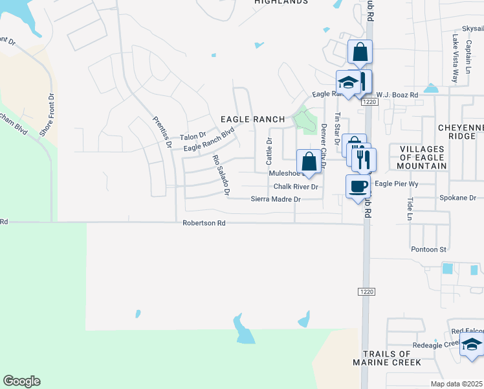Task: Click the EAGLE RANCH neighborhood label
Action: click(x=252, y=119)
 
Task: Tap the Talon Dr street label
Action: click(x=192, y=137)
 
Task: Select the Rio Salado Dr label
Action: click(x=221, y=175)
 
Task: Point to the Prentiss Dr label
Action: click(x=162, y=132)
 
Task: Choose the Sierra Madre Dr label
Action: click(x=276, y=199)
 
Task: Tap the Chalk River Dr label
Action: click(x=296, y=187)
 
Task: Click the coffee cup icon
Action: click(x=358, y=187)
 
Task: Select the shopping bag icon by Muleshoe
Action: click(x=309, y=161)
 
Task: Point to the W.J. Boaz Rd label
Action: click(x=397, y=95)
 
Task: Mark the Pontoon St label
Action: click(x=429, y=249)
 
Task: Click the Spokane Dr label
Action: click(x=457, y=197)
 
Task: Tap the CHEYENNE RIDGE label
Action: click(x=460, y=132)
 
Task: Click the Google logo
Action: click(x=21, y=381)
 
